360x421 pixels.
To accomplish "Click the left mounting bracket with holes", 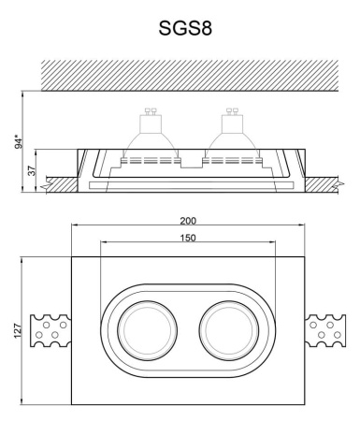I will [x=50, y=329].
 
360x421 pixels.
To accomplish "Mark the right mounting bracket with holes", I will [x=326, y=329].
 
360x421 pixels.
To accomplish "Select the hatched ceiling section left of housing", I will [x=58, y=181].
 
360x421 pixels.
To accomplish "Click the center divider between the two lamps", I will [x=190, y=161].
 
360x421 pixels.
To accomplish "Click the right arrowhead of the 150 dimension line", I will [x=276, y=246].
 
